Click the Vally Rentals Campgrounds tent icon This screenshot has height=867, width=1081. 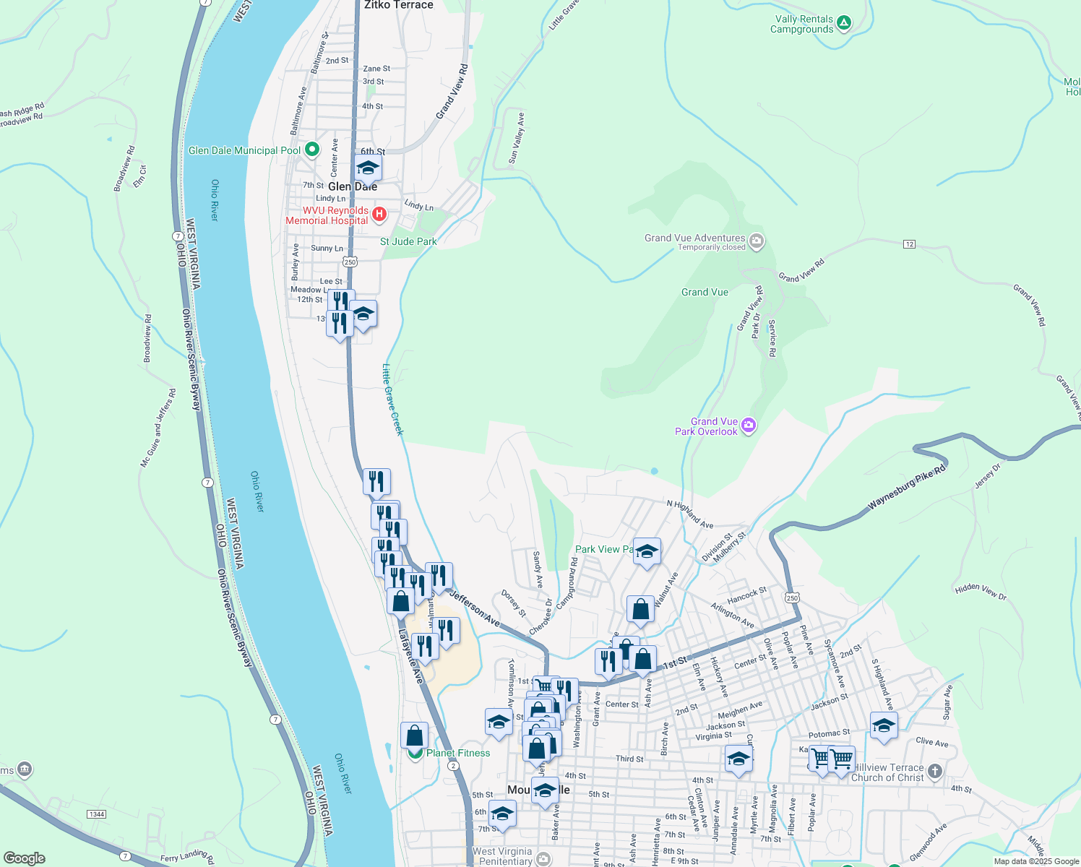pyautogui.click(x=843, y=23)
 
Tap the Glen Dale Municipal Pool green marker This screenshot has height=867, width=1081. pyautogui.click(x=312, y=150)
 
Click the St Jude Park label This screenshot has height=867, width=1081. pyautogui.click(x=408, y=241)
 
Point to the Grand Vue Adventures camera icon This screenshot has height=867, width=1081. pyautogui.click(x=757, y=241)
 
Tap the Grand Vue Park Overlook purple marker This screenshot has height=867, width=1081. pyautogui.click(x=749, y=426)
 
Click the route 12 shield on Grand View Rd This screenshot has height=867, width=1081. pyautogui.click(x=909, y=244)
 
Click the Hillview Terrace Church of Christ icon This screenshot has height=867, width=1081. pyautogui.click(x=934, y=772)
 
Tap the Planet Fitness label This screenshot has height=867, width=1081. pyautogui.click(x=457, y=753)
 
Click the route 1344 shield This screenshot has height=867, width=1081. pyautogui.click(x=96, y=814)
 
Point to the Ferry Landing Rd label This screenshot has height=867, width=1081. pyautogui.click(x=187, y=858)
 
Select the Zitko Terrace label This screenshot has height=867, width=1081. pyautogui.click(x=399, y=5)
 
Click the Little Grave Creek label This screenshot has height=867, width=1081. pyautogui.click(x=392, y=399)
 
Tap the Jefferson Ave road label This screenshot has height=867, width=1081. pyautogui.click(x=474, y=608)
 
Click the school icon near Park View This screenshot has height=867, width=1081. pyautogui.click(x=647, y=552)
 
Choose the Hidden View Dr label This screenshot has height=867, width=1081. pyautogui.click(x=981, y=592)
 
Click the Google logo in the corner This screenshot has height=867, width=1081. pyautogui.click(x=25, y=858)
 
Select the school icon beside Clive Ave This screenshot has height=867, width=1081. pyautogui.click(x=884, y=725)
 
